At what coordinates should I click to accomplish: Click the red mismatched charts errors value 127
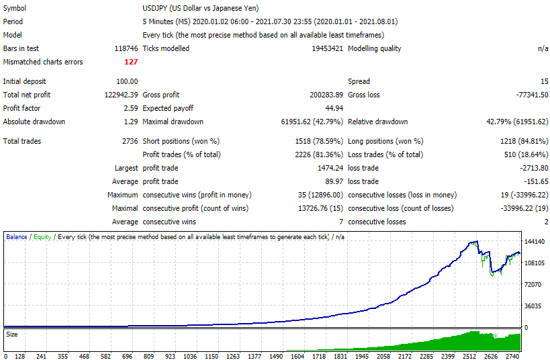coord(131,62)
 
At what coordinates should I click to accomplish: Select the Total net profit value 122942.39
coord(121,95)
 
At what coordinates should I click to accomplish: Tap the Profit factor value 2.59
coord(131,108)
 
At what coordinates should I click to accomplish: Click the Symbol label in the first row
coord(15,8)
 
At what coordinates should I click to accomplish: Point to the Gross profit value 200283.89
coord(326,95)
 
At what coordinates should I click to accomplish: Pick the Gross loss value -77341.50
coord(532,95)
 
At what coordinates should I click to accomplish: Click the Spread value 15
coord(545,81)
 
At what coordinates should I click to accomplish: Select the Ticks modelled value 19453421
coord(327,48)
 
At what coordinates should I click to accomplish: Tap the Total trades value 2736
coord(130,141)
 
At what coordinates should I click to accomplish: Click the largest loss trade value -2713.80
coord(534,168)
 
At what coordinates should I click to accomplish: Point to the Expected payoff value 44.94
coord(334,108)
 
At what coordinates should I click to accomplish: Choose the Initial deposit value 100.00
coord(127,81)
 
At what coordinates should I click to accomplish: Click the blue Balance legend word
coord(17,237)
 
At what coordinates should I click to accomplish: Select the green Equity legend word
coord(42,237)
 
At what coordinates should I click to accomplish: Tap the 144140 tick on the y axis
coord(535,241)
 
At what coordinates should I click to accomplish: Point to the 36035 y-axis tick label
coord(533,306)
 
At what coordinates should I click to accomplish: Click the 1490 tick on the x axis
coord(276,356)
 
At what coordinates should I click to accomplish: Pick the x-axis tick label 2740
coord(512,356)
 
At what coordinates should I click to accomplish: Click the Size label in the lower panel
coord(11,334)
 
